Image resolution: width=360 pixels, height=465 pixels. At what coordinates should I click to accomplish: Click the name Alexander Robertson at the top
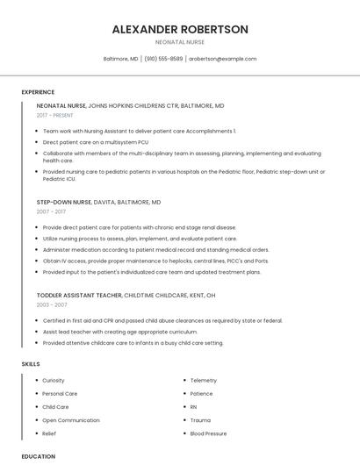(180, 29)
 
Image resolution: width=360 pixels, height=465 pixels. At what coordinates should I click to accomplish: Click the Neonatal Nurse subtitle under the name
(180, 42)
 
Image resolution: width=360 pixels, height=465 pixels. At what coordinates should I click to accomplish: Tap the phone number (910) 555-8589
(163, 59)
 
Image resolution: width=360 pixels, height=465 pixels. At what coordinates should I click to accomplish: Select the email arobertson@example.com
(223, 59)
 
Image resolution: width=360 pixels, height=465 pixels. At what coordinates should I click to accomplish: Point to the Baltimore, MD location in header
(120, 59)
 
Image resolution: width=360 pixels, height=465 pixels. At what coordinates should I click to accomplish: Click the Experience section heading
(38, 92)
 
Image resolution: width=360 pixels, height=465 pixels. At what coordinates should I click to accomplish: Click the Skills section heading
(31, 363)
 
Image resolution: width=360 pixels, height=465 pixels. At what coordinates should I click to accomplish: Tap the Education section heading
(39, 456)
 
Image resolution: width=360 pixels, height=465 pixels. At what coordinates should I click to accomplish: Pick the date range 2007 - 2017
(51, 211)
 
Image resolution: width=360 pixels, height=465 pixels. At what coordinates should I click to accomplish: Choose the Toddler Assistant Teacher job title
(79, 295)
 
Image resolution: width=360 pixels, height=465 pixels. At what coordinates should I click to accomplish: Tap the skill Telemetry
(203, 381)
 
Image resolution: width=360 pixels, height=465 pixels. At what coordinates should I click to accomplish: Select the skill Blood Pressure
(208, 433)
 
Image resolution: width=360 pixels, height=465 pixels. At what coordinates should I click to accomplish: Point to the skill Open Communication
(71, 420)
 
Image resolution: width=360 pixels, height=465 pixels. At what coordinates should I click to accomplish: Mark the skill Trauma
(200, 420)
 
